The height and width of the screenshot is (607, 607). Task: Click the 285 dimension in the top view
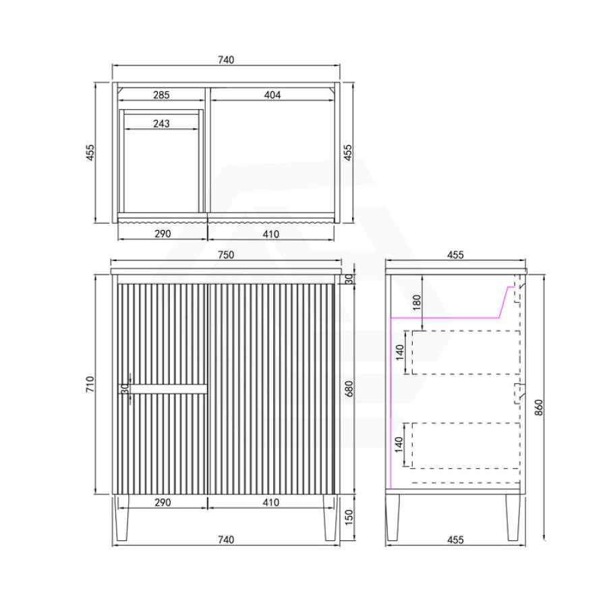(x=161, y=95)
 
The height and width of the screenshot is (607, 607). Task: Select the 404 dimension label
(x=272, y=95)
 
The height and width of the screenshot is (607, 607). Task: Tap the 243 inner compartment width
(x=161, y=123)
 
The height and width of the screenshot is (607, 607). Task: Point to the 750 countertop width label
(x=226, y=255)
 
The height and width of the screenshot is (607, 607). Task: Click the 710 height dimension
(x=90, y=384)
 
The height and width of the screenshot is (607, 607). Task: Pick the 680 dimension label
(x=349, y=388)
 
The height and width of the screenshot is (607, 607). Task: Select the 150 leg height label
(x=349, y=517)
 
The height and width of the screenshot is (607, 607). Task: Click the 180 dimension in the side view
(x=417, y=302)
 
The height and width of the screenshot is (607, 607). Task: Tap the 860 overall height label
(x=538, y=407)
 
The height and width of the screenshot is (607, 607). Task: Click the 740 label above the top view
(x=226, y=59)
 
